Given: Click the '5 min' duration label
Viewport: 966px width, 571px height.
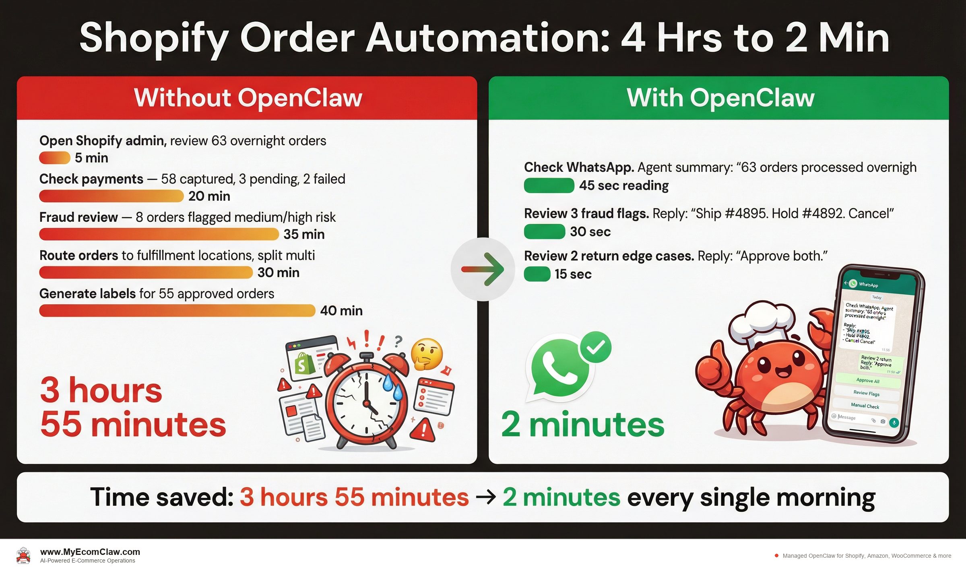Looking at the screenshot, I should (x=91, y=158).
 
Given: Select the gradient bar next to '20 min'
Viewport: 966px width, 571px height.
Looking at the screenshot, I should (x=111, y=196).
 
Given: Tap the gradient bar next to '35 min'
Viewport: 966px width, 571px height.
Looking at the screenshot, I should (x=159, y=234).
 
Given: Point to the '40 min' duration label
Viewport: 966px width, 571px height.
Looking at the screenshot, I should (x=341, y=311).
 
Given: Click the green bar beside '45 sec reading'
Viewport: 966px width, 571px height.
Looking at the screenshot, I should (x=549, y=186).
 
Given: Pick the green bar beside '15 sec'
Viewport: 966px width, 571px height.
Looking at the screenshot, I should (x=537, y=274).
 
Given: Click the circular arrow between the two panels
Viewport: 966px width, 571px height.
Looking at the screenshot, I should (x=483, y=269).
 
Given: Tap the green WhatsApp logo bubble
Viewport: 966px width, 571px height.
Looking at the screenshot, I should (x=559, y=368).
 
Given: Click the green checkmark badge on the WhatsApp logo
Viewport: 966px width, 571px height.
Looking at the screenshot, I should (x=596, y=347).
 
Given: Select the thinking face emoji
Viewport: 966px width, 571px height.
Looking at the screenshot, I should (x=427, y=354).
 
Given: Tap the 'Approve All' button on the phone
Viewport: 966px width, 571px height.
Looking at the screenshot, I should (x=868, y=380).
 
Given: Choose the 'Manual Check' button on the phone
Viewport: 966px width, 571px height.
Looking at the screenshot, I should (x=865, y=406).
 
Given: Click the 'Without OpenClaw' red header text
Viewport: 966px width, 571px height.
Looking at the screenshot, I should (x=248, y=98).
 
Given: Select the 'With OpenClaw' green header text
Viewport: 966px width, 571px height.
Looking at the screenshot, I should (x=720, y=98).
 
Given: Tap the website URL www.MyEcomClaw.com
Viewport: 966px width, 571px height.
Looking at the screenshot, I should (x=90, y=552).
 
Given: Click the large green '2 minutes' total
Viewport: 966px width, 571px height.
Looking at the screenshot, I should (x=582, y=425).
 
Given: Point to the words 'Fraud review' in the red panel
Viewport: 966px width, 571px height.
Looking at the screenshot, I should (x=78, y=217).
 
